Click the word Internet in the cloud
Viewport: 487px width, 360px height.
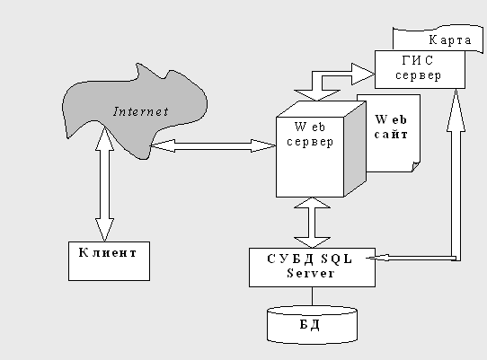[x=141, y=111]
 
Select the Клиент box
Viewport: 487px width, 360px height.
[x=109, y=261]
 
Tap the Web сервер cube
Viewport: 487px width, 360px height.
[x=321, y=149]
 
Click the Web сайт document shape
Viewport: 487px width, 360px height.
[x=394, y=134]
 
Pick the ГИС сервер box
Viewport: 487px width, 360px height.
[x=420, y=70]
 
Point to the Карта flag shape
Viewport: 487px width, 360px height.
[x=438, y=38]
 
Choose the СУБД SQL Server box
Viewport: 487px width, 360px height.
[x=312, y=268]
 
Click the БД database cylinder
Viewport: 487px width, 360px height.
[x=312, y=325]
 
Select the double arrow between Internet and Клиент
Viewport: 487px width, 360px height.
[x=104, y=183]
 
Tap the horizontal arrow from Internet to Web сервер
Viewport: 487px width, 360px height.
[x=213, y=145]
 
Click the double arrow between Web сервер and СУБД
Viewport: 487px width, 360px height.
[x=312, y=223]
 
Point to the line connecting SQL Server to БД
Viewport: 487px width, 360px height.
[x=312, y=296]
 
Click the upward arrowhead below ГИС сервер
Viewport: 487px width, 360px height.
[x=456, y=110]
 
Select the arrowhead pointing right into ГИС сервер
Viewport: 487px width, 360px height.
[x=363, y=74]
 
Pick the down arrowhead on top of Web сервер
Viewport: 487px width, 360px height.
[x=317, y=95]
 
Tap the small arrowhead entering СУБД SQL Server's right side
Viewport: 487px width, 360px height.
[x=377, y=258]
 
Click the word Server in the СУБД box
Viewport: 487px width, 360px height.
[x=311, y=274]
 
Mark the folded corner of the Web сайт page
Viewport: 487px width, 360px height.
[x=416, y=167]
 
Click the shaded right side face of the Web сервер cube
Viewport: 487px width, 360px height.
[x=355, y=149]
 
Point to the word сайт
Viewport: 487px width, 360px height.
[x=391, y=135]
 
